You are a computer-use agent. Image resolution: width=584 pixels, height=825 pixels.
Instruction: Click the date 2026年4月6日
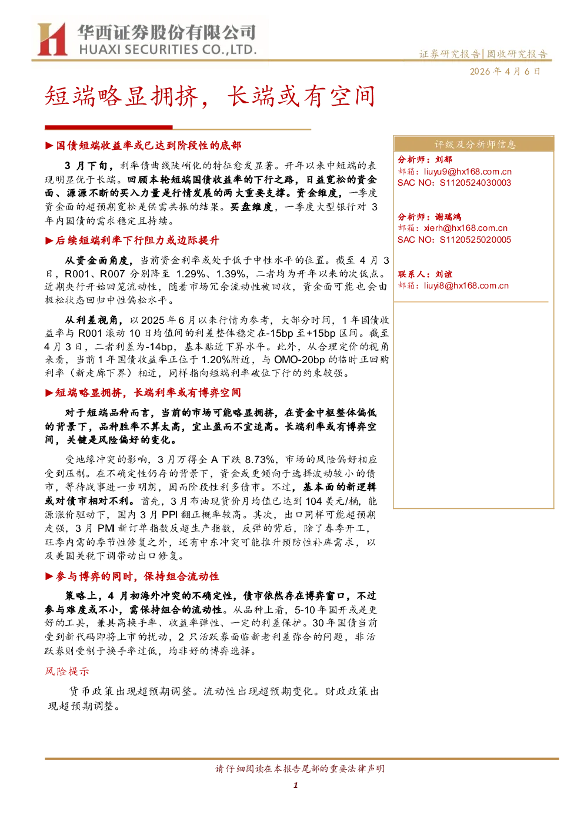pyautogui.click(x=505, y=72)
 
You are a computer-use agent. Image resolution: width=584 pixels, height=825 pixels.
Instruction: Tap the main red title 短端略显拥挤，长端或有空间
pyautogui.click(x=210, y=96)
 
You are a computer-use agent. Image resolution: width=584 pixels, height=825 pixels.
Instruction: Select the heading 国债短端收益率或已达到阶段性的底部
pyautogui.click(x=148, y=146)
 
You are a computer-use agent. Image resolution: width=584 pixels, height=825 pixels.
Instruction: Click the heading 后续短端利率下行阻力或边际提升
pyautogui.click(x=137, y=240)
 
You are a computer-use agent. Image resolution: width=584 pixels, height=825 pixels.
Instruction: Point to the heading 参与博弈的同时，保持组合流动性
pyautogui.click(x=137, y=576)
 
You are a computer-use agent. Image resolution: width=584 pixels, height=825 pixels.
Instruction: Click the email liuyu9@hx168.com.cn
pyautogui.click(x=468, y=172)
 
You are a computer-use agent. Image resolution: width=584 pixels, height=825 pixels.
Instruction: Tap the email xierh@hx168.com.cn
pyautogui.click(x=465, y=229)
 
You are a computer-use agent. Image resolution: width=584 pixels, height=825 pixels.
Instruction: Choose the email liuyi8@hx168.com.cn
pyautogui.click(x=466, y=286)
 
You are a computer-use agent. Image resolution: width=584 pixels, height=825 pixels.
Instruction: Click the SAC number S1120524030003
pyautogui.click(x=475, y=183)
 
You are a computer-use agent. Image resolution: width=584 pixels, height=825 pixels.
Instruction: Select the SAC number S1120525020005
pyautogui.click(x=475, y=240)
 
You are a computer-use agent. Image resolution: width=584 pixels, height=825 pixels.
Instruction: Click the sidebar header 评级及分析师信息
pyautogui.click(x=475, y=145)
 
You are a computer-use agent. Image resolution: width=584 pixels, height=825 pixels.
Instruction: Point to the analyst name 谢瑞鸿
pyautogui.click(x=448, y=217)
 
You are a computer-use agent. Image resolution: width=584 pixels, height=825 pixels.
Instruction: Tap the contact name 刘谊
pyautogui.click(x=443, y=274)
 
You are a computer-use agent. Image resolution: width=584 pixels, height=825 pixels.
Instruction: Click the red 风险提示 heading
pyautogui.click(x=66, y=672)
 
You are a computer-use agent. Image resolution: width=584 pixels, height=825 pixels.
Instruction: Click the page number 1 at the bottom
pyautogui.click(x=295, y=785)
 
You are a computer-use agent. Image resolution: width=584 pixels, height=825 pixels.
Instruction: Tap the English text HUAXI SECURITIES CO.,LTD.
pyautogui.click(x=168, y=49)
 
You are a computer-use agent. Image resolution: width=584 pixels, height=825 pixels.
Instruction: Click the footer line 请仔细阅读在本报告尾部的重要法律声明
pyautogui.click(x=300, y=769)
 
